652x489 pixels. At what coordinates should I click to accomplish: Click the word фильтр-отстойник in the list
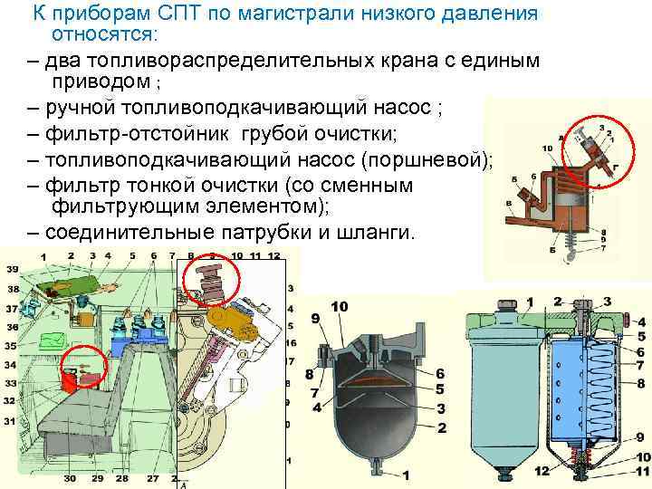tap(129, 137)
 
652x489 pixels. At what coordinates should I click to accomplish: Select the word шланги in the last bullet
tap(379, 232)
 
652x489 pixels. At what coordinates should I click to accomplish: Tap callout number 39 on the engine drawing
tap(12, 270)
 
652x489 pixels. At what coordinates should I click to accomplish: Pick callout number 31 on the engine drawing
tap(11, 422)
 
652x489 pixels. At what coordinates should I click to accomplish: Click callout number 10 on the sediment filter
tap(340, 308)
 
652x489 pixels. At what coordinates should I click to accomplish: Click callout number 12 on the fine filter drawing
tap(542, 470)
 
